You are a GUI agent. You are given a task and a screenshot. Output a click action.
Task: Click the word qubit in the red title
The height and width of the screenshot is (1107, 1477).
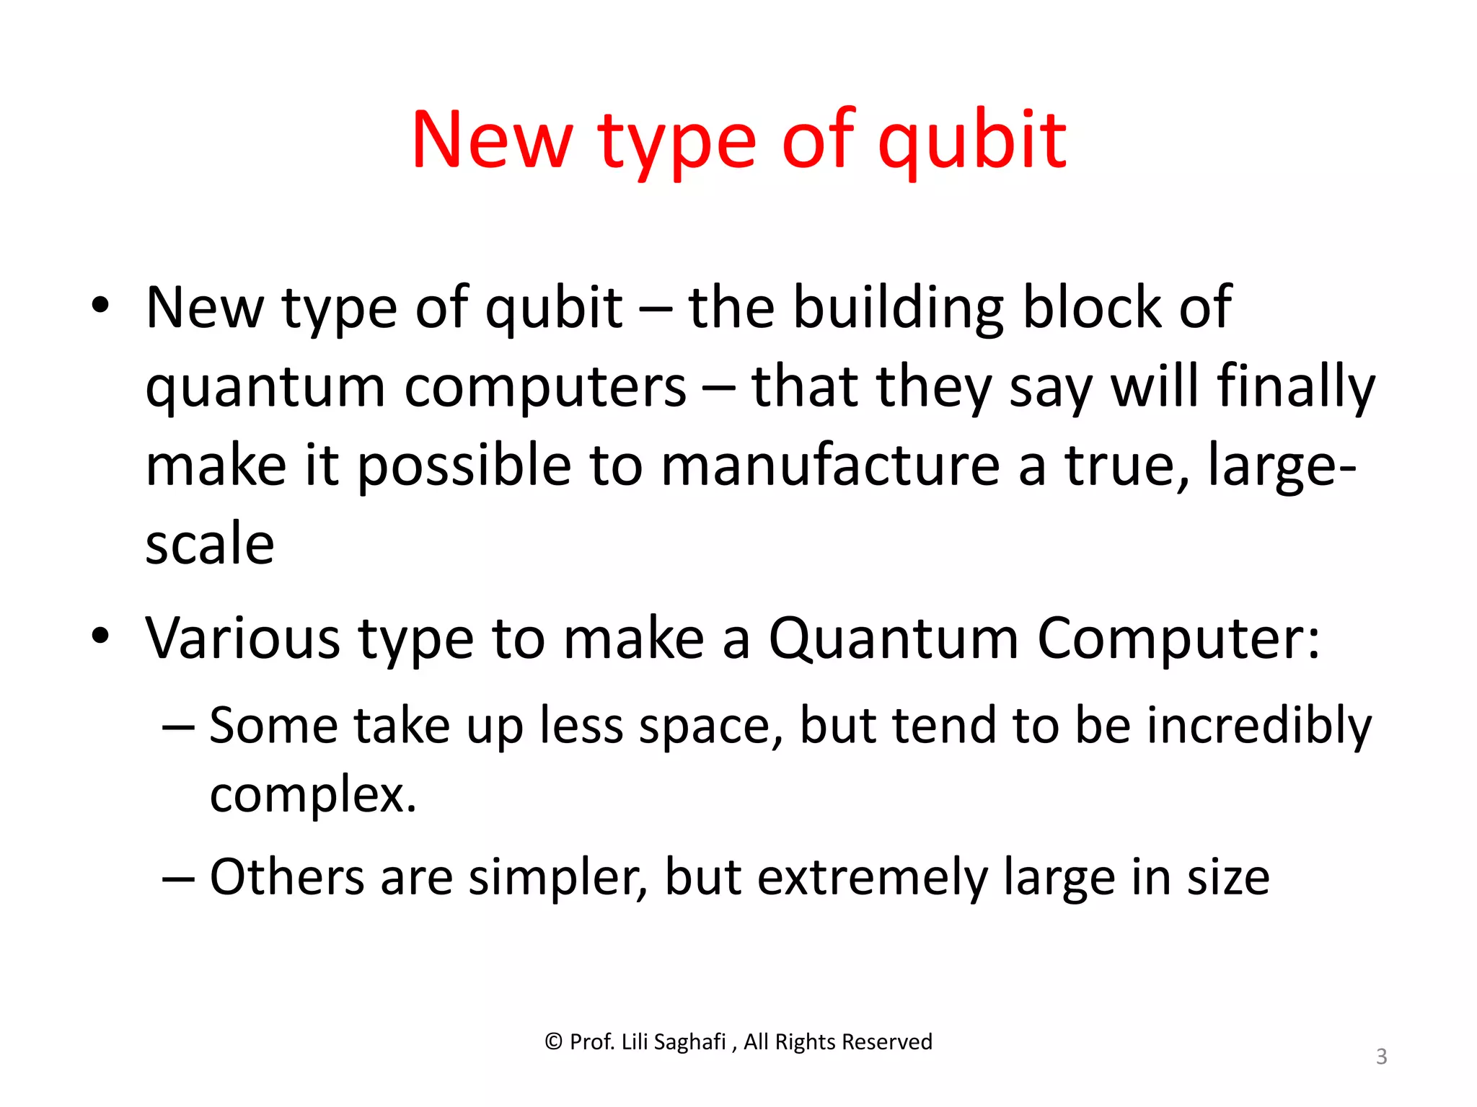pos(971,141)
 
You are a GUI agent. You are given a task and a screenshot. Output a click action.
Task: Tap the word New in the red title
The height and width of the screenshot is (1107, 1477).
pos(493,141)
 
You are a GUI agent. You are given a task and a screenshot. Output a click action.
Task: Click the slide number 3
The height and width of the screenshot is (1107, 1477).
pos(1381,1057)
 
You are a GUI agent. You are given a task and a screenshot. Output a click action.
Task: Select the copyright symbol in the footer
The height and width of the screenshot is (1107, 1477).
pos(553,1042)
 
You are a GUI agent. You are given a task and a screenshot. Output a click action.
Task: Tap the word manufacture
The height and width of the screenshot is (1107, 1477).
pos(830,466)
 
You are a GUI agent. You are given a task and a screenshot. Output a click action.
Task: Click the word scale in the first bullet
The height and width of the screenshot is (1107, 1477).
pos(210,544)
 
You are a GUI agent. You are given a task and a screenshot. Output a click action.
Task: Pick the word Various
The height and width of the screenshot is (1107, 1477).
pos(242,639)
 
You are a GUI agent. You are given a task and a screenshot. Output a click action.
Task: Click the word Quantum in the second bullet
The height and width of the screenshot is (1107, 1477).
pos(893,639)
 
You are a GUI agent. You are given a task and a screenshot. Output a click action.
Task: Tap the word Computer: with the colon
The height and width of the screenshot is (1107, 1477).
pos(1178,639)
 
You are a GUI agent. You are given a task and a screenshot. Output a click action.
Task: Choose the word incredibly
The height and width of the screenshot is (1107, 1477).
pos(1259,726)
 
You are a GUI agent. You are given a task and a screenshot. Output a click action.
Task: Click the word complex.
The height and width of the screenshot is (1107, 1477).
pos(313,794)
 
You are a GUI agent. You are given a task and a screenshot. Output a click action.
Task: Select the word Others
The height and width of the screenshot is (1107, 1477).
pos(286,877)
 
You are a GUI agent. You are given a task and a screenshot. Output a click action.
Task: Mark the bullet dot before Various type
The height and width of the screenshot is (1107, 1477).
pos(100,635)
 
